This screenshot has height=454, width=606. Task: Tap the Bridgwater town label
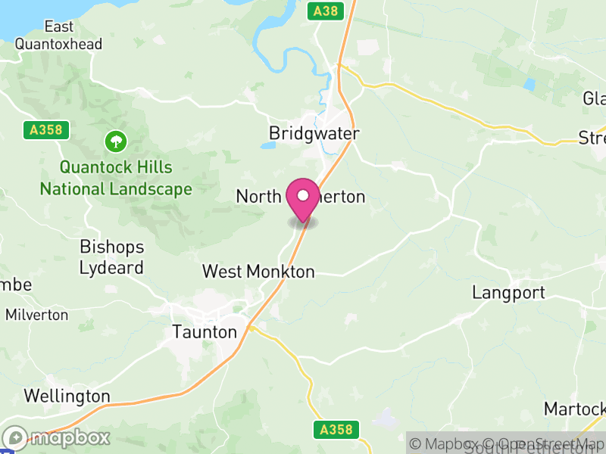click(314, 133)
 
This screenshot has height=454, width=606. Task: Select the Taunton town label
click(205, 331)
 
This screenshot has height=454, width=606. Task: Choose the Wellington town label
click(67, 396)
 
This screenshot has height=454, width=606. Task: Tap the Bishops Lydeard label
click(112, 257)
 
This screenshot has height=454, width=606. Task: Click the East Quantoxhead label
click(59, 36)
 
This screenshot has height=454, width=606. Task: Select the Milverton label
click(36, 314)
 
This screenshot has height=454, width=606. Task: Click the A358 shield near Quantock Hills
click(46, 130)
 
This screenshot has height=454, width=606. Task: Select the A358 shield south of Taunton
click(334, 430)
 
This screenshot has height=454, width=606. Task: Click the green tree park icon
click(116, 141)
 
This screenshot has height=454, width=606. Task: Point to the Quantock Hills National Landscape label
click(116, 178)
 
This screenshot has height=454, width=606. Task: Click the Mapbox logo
click(58, 437)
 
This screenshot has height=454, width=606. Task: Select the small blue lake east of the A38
click(529, 85)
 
